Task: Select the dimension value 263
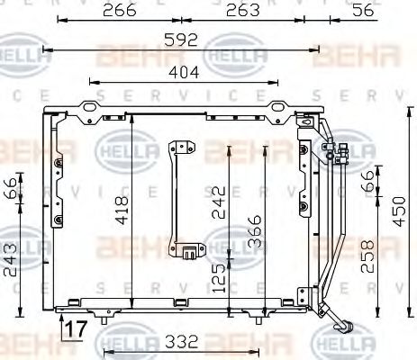(242, 10)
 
